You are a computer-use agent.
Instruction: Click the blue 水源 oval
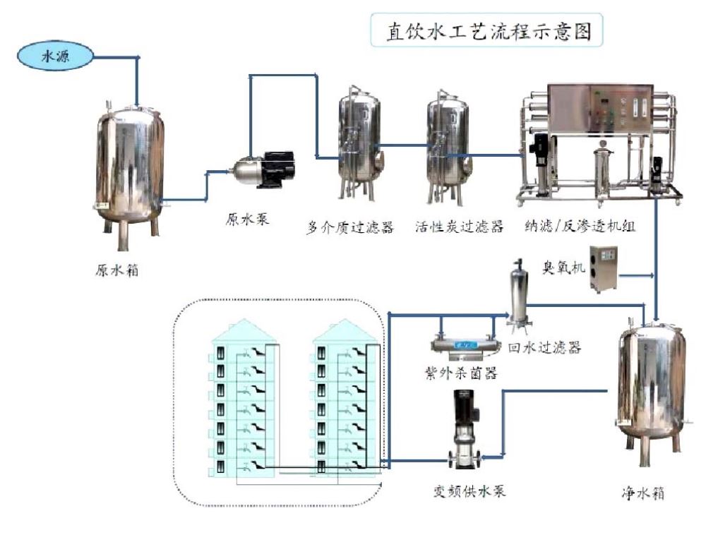click(55, 56)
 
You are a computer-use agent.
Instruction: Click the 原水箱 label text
click(117, 270)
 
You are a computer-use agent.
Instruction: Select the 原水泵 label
click(247, 220)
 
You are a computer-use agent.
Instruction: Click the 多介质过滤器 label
click(350, 227)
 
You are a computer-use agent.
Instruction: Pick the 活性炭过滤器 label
click(460, 227)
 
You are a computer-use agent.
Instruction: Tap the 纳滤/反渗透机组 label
click(580, 226)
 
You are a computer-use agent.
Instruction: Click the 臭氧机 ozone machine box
click(604, 269)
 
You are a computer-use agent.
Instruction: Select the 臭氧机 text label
click(563, 268)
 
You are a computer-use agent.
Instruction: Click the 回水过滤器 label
click(545, 347)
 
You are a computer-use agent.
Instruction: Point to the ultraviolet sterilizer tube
click(464, 346)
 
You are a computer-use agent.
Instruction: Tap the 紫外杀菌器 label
click(461, 373)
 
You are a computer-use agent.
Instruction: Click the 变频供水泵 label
click(469, 491)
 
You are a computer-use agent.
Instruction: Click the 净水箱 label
click(643, 493)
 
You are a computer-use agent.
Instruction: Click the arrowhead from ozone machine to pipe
click(651, 275)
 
